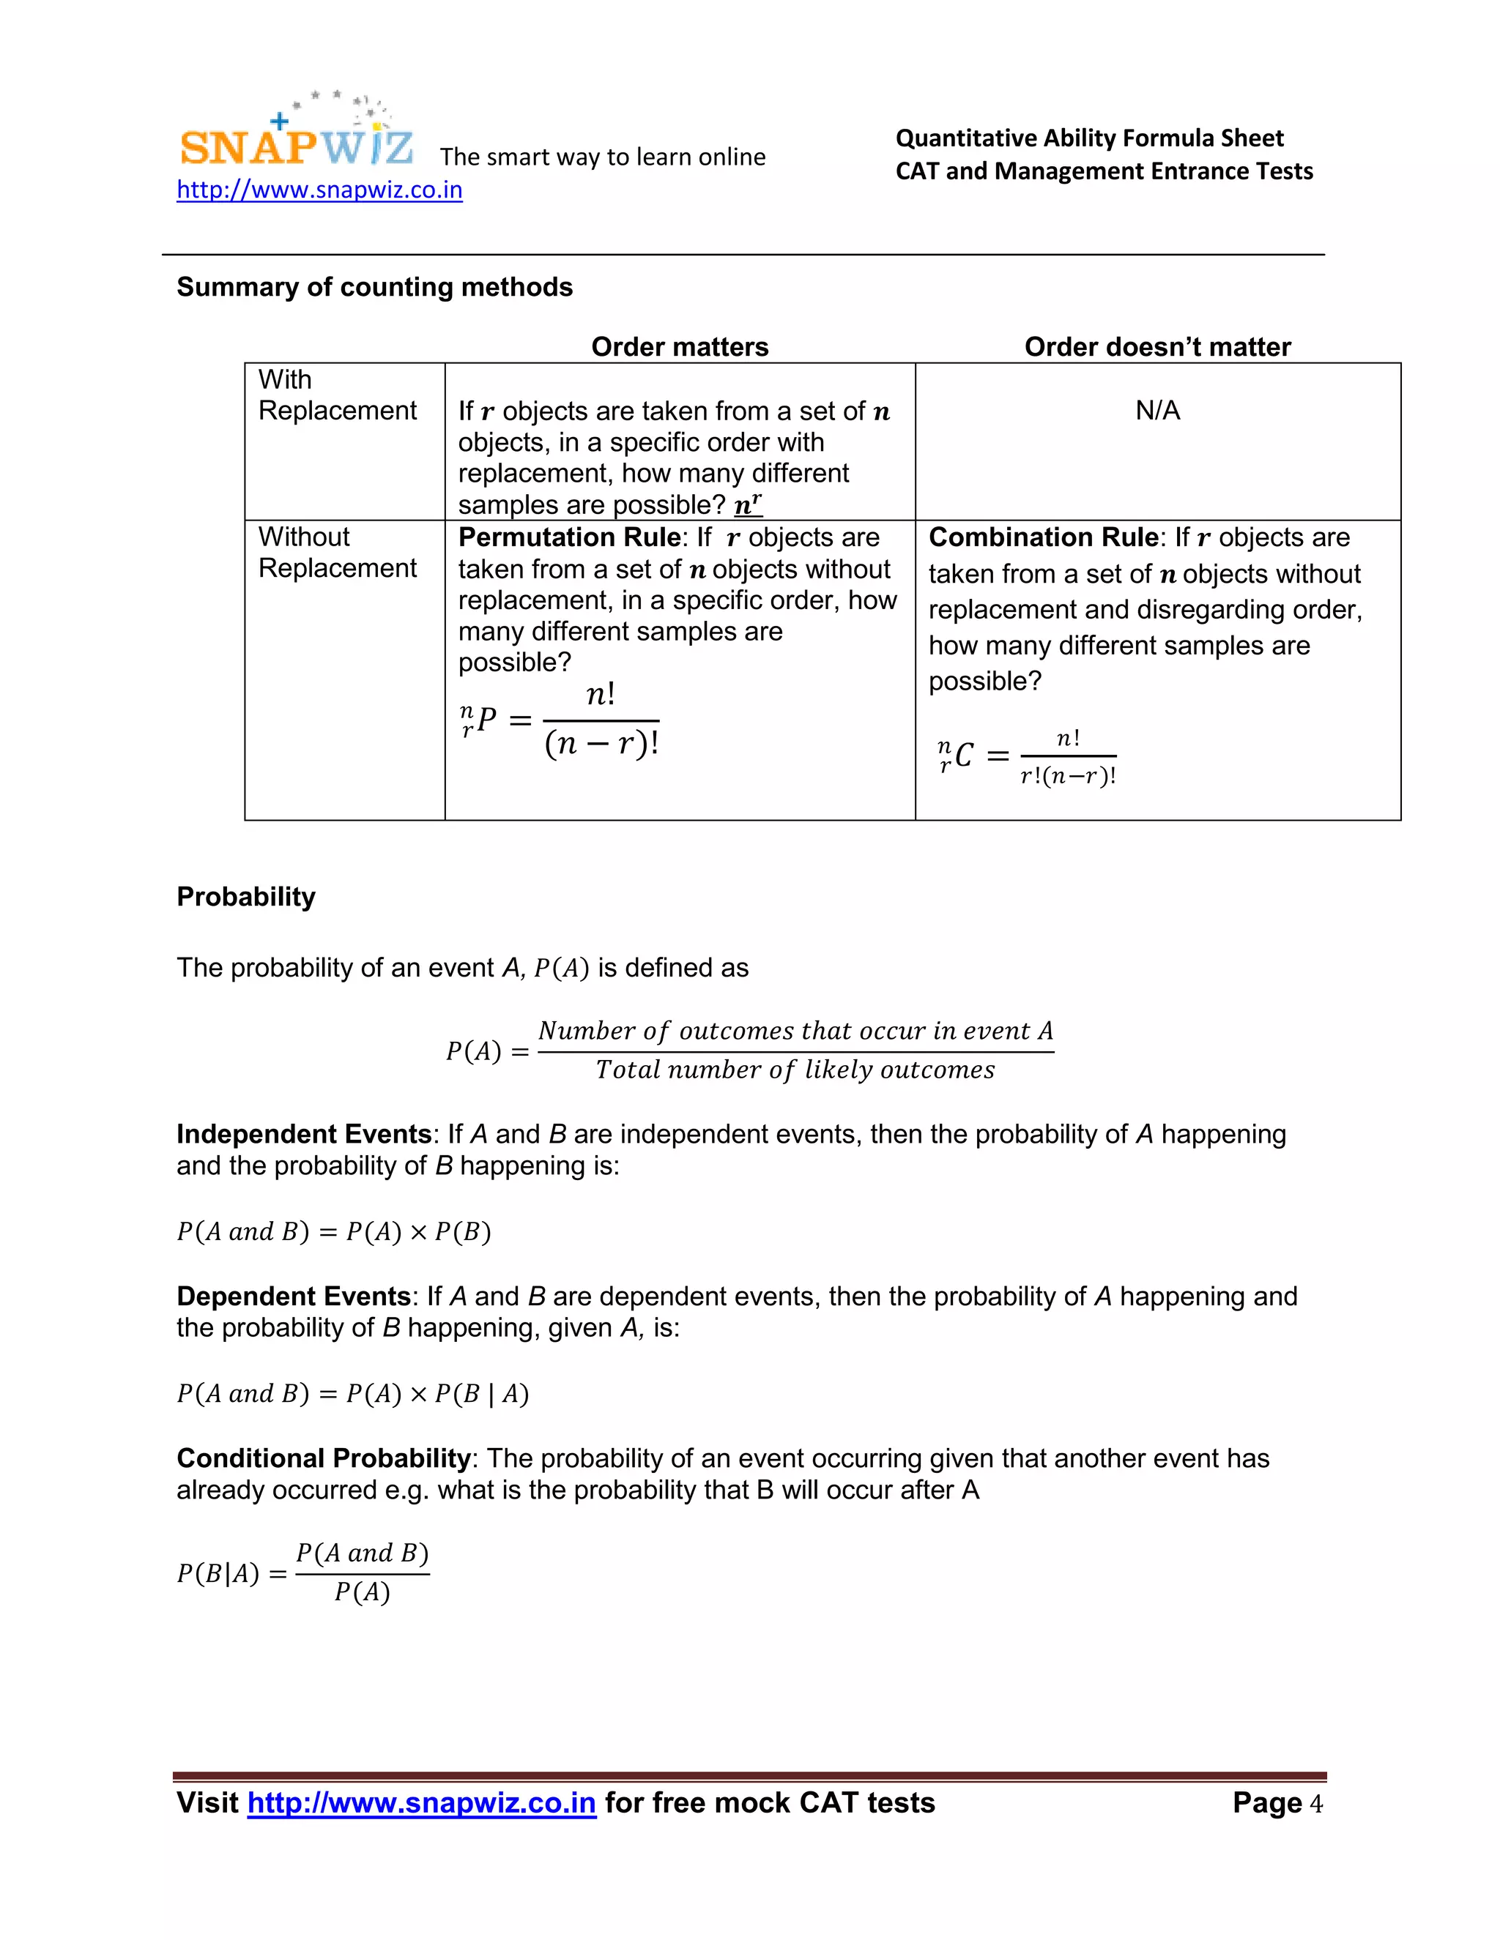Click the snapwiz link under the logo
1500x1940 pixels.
319,190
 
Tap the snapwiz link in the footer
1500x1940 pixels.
421,1802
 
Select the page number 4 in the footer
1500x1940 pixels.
1316,1803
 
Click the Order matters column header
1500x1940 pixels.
680,346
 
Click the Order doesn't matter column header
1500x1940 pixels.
1157,346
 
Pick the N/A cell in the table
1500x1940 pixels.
1157,411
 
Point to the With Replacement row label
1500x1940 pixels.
337,395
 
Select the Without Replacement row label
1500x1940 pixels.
337,552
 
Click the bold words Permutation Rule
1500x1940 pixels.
568,537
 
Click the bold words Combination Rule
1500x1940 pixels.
1042,537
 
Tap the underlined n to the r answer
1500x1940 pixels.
747,504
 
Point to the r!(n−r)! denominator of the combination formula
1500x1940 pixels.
1067,776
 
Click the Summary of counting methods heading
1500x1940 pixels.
374,287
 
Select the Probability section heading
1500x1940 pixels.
245,896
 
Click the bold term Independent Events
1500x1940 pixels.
304,1134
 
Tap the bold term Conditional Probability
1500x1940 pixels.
324,1458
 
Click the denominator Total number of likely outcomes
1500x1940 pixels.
795,1070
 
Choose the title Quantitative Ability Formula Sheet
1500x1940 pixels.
1088,138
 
